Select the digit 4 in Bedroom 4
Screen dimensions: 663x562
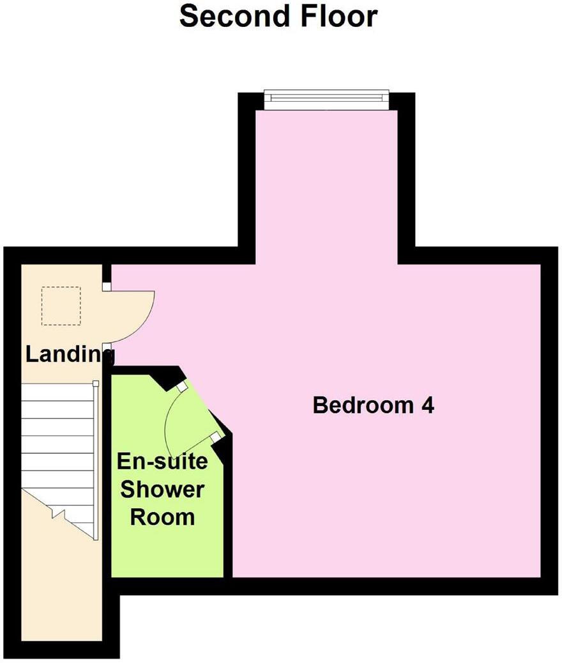pos(428,405)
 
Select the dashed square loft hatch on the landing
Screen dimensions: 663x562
pos(61,306)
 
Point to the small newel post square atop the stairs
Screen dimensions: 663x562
pos(95,383)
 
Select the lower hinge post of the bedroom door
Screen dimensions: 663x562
pos(107,348)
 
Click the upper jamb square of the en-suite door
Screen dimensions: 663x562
pos(182,386)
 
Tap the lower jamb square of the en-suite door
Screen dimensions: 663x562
pos(216,437)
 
